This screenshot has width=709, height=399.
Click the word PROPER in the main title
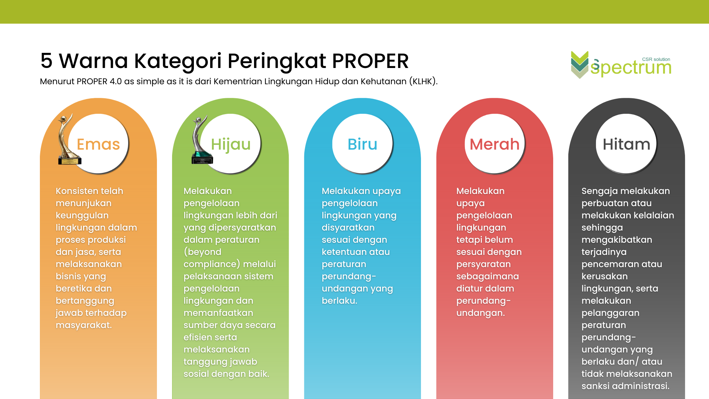pos(370,61)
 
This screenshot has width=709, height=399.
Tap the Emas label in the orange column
pos(98,144)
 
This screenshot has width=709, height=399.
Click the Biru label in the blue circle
pos(362,144)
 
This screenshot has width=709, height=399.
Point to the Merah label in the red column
pos(494,144)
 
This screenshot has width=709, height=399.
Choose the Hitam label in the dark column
pos(626,144)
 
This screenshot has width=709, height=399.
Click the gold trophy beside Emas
pos(68,140)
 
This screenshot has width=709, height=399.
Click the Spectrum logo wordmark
pos(631,68)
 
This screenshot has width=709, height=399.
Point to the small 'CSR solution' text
pos(656,59)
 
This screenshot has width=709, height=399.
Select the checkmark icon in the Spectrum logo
pos(580,65)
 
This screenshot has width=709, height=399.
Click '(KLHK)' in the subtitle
pos(423,81)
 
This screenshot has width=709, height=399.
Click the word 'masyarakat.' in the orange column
pos(84,325)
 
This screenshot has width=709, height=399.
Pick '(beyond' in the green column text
pos(202,252)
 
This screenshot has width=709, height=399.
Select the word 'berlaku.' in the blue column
pos(339,301)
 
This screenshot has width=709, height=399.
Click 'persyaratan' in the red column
pos(483,265)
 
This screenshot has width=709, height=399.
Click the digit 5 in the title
pos(47,61)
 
